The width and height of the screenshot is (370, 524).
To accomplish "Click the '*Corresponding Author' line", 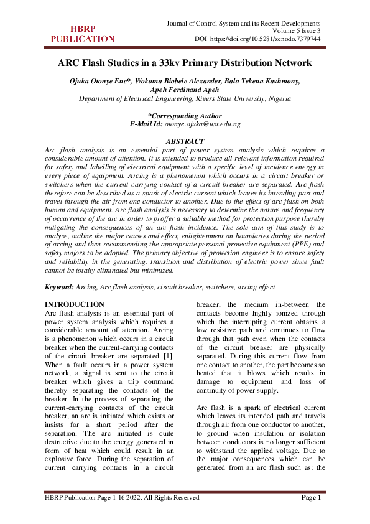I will pos(185,116).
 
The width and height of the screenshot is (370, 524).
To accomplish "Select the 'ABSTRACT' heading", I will pos(185,142).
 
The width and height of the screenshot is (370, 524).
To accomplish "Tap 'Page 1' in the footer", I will pos(312,497).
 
